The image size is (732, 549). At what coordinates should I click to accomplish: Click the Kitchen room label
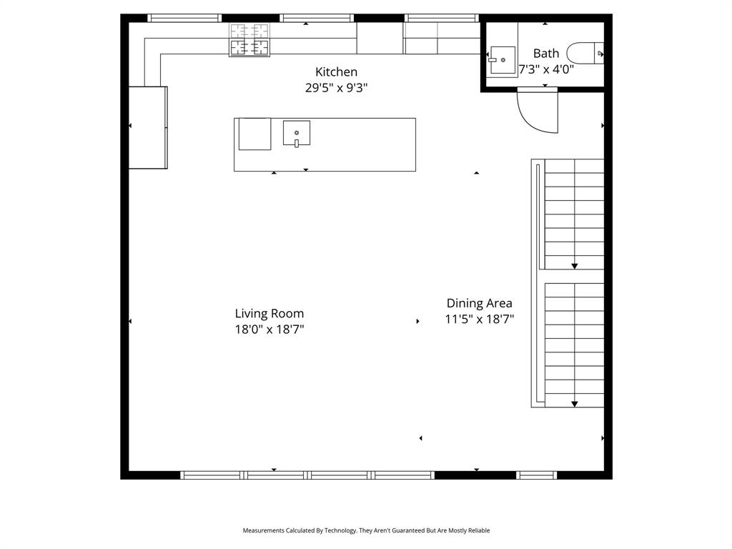[336, 72]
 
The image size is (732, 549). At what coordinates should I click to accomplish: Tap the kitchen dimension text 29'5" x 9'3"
[336, 88]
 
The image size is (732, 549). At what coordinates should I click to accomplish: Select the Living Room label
[269, 314]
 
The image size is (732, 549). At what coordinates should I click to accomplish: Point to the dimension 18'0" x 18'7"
[269, 330]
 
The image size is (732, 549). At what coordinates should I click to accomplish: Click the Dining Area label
[479, 303]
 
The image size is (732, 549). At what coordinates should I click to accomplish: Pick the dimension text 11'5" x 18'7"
[479, 320]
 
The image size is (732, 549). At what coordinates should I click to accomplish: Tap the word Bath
[546, 54]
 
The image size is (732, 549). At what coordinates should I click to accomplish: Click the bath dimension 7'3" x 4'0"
[546, 69]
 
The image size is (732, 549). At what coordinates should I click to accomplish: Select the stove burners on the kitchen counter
[249, 39]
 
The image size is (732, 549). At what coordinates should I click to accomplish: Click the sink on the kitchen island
[297, 134]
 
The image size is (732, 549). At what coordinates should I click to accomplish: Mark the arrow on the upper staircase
[574, 266]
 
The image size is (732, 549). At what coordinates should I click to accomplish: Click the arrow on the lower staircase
[574, 404]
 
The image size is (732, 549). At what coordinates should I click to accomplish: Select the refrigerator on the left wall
[147, 127]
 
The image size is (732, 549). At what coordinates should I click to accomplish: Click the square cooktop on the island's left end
[254, 134]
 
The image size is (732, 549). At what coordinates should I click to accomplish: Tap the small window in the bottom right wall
[536, 475]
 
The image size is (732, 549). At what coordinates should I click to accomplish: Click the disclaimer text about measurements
[366, 530]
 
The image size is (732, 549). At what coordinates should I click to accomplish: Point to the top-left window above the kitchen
[184, 18]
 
